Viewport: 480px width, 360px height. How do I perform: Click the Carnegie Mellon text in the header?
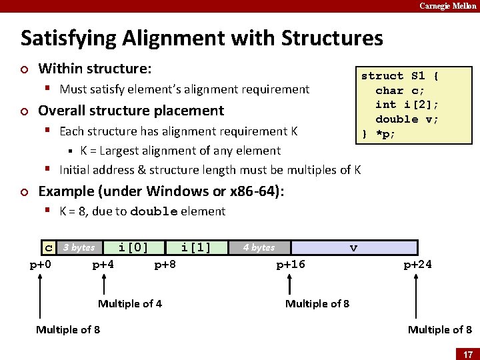coord(447,6)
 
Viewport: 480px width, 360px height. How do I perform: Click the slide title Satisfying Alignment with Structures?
coord(201,38)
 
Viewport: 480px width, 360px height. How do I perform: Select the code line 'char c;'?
coord(400,90)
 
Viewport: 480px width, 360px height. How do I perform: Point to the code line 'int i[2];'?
coord(407,105)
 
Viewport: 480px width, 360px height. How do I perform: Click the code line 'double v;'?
coord(407,119)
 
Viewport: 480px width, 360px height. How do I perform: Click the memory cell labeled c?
coord(48,248)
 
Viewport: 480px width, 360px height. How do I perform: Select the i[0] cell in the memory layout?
coord(133,248)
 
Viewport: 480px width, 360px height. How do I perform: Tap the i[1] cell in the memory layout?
coord(196,248)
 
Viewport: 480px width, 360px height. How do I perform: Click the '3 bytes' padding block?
coord(79,248)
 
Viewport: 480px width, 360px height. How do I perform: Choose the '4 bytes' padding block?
coord(259,248)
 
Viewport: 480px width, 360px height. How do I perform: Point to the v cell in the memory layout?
coord(353,248)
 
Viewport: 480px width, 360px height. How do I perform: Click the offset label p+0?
coord(41,265)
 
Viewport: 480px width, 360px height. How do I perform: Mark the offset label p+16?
coord(291,265)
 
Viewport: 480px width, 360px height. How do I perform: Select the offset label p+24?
coord(417,265)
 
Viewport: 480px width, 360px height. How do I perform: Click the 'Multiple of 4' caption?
coord(130,304)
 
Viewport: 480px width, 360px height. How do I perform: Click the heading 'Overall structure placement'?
coord(131,111)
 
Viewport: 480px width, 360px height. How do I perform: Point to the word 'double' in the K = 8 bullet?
coord(154,212)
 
